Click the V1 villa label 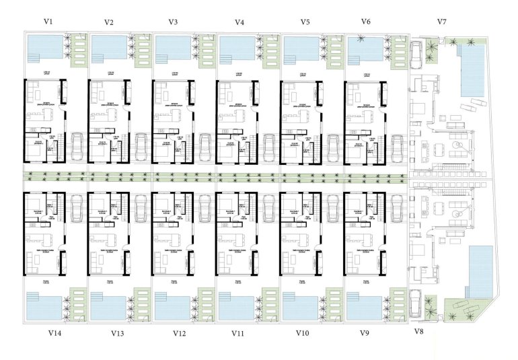pyautogui.click(x=48, y=22)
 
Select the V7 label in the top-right pyautogui.click(x=442, y=22)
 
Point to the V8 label pyautogui.click(x=418, y=332)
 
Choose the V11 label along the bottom pyautogui.click(x=239, y=333)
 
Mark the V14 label pyautogui.click(x=55, y=333)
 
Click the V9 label pyautogui.click(x=365, y=333)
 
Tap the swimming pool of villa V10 pyautogui.click(x=301, y=308)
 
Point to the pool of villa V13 pyautogui.click(x=107, y=308)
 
